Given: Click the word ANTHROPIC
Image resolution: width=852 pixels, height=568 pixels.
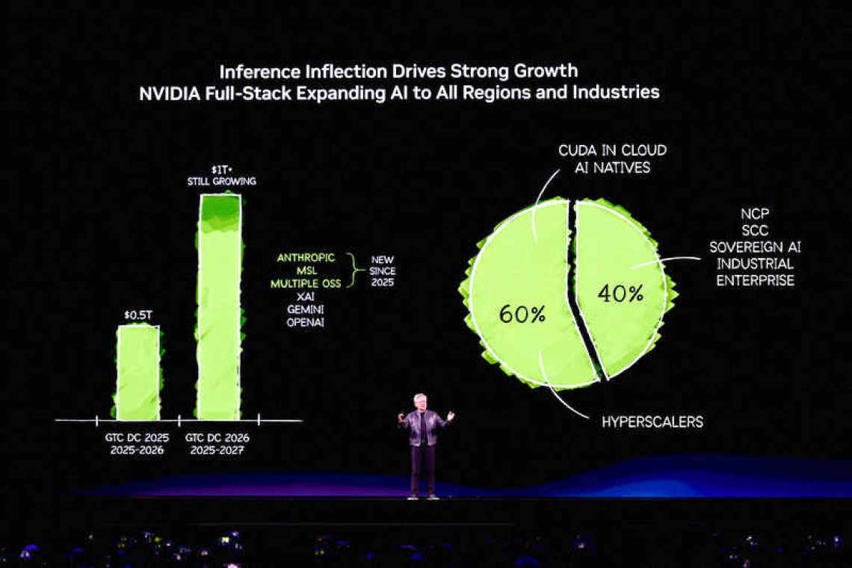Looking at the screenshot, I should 306,258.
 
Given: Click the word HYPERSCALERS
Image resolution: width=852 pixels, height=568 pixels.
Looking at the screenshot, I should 652,422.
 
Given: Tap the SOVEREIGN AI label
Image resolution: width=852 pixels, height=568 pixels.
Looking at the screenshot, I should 754,247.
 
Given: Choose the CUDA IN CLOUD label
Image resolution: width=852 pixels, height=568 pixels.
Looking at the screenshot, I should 612,151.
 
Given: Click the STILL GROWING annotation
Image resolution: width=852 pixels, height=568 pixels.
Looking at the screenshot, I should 221,182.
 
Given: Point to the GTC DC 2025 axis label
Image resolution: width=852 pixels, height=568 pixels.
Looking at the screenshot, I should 137,437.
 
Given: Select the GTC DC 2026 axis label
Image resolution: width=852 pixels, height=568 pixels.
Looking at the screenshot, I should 217,437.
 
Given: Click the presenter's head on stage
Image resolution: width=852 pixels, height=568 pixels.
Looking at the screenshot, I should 420,401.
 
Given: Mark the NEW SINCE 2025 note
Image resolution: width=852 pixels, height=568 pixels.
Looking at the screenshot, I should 382,271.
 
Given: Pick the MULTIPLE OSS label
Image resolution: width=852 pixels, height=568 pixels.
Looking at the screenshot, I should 306,284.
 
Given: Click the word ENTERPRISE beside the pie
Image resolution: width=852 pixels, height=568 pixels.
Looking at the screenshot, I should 754,281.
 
